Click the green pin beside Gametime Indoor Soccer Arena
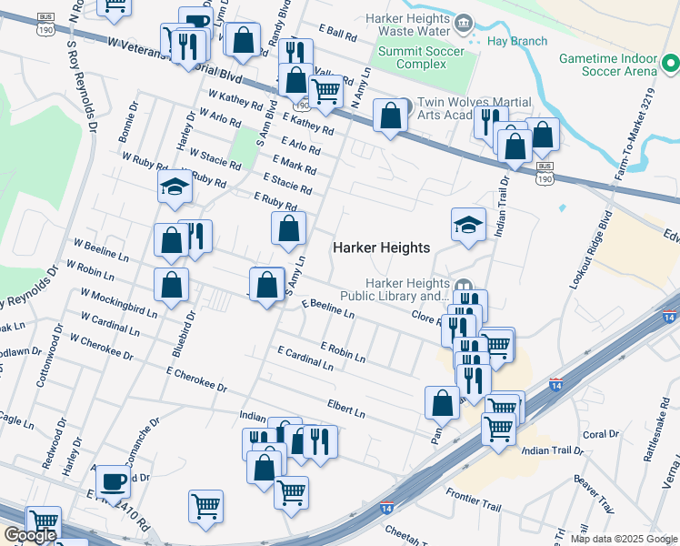[671, 64]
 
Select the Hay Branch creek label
[518, 41]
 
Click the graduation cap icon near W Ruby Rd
[173, 187]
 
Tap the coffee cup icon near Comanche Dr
[113, 480]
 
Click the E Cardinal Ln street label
[305, 358]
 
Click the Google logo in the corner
[30, 535]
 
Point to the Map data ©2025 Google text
[623, 539]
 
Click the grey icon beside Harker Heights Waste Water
[463, 21]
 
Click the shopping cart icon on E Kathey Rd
[325, 90]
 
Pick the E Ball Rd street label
[337, 33]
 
